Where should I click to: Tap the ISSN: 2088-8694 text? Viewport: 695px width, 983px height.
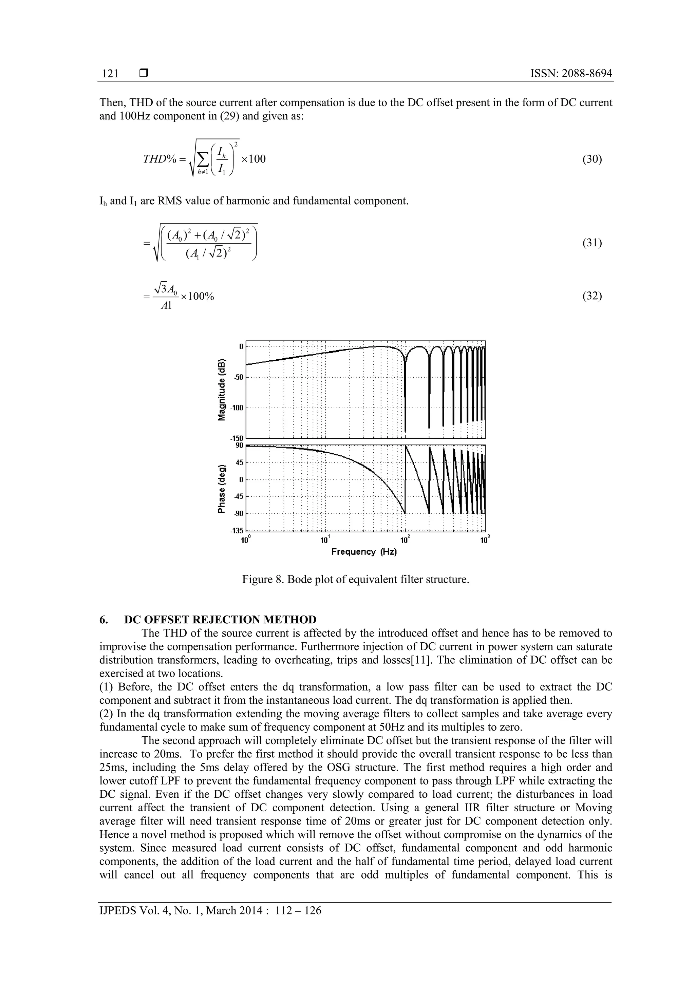571,74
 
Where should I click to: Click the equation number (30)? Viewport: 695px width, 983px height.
592,159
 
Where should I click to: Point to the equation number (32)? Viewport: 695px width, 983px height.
592,296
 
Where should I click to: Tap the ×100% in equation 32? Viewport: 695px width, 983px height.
197,296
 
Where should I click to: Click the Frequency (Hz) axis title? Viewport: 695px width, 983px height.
364,552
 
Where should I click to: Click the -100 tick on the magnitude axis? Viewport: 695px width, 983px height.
236,408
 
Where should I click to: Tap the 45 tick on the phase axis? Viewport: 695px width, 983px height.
239,462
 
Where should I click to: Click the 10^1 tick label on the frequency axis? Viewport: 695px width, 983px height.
325,540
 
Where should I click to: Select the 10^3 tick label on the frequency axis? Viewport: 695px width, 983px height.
485,540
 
